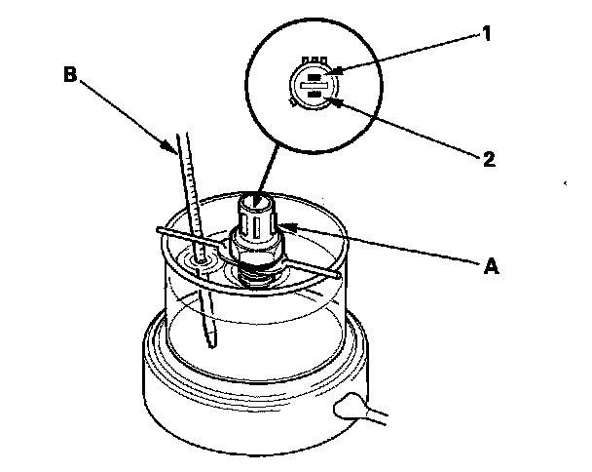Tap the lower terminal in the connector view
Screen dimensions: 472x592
(314, 95)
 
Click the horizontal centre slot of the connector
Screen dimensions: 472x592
(314, 85)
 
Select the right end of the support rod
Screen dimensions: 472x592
(337, 276)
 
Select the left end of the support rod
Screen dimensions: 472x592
(157, 230)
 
